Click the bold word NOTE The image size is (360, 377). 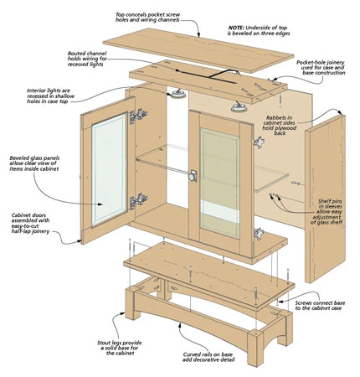pyautogui.click(x=238, y=27)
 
